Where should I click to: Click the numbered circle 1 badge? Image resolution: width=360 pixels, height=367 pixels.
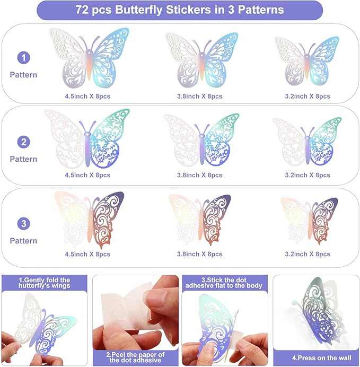(x=24, y=58)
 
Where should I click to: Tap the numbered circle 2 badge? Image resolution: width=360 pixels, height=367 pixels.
(x=24, y=142)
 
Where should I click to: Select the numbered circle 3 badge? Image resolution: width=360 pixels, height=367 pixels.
(x=24, y=223)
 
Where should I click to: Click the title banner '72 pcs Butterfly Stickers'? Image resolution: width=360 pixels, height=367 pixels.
(x=180, y=10)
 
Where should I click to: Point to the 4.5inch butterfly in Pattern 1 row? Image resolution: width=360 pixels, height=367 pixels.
(x=89, y=57)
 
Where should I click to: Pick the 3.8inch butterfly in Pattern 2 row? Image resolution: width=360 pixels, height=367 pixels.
(x=201, y=140)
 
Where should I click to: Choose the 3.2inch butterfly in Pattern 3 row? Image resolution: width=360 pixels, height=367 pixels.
(x=309, y=221)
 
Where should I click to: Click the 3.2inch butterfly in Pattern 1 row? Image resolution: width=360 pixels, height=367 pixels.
(x=306, y=61)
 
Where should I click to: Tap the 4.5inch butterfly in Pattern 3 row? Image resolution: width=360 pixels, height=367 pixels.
(x=89, y=220)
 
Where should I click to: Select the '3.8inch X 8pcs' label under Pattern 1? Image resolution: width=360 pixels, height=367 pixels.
(x=199, y=96)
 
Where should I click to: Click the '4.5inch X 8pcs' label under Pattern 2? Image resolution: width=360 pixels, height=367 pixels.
(x=87, y=175)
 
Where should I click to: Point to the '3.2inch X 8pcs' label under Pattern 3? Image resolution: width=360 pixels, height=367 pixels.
(x=308, y=254)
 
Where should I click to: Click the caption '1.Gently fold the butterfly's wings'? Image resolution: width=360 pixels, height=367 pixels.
(x=45, y=283)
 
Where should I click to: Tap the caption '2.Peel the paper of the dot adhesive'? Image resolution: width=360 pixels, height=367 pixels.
(x=135, y=357)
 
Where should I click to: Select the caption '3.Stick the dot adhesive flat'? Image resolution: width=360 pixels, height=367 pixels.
(x=224, y=283)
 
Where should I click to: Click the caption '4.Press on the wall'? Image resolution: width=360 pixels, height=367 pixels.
(x=322, y=358)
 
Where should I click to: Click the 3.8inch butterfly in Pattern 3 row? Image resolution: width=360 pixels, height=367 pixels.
(x=200, y=220)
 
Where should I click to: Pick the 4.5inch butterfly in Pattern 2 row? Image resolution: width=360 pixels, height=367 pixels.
(x=87, y=138)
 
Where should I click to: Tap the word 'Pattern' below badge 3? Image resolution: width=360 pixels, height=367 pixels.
(x=23, y=241)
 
